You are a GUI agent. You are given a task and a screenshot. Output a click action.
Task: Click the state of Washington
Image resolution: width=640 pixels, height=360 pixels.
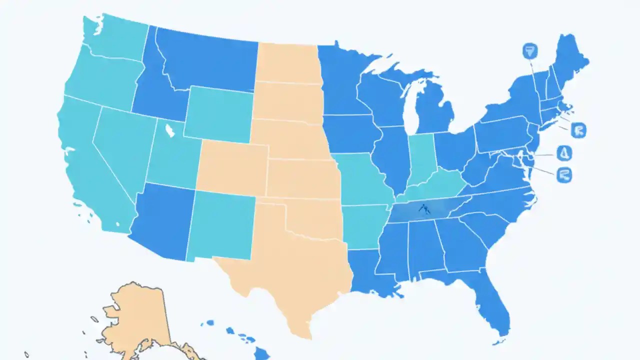click(x=112, y=37)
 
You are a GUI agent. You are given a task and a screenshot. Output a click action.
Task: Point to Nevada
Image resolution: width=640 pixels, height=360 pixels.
click(x=120, y=145)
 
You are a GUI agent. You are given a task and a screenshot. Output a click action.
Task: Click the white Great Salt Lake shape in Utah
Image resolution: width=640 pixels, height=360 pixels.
click(x=170, y=131)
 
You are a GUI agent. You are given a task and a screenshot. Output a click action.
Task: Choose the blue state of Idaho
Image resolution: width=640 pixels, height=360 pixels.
click(x=150, y=90)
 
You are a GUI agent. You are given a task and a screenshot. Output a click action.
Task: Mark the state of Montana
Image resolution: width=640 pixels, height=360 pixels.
click(x=210, y=60)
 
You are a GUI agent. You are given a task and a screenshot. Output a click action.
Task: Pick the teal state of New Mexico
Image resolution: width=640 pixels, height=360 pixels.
click(x=222, y=225)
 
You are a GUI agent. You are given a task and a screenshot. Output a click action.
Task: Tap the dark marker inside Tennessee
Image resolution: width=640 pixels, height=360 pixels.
click(x=424, y=209)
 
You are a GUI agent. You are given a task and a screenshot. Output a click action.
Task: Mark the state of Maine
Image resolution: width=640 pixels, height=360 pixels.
click(x=570, y=60)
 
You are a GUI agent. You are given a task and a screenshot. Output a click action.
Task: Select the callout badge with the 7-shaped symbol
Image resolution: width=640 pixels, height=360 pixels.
click(x=529, y=50)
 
